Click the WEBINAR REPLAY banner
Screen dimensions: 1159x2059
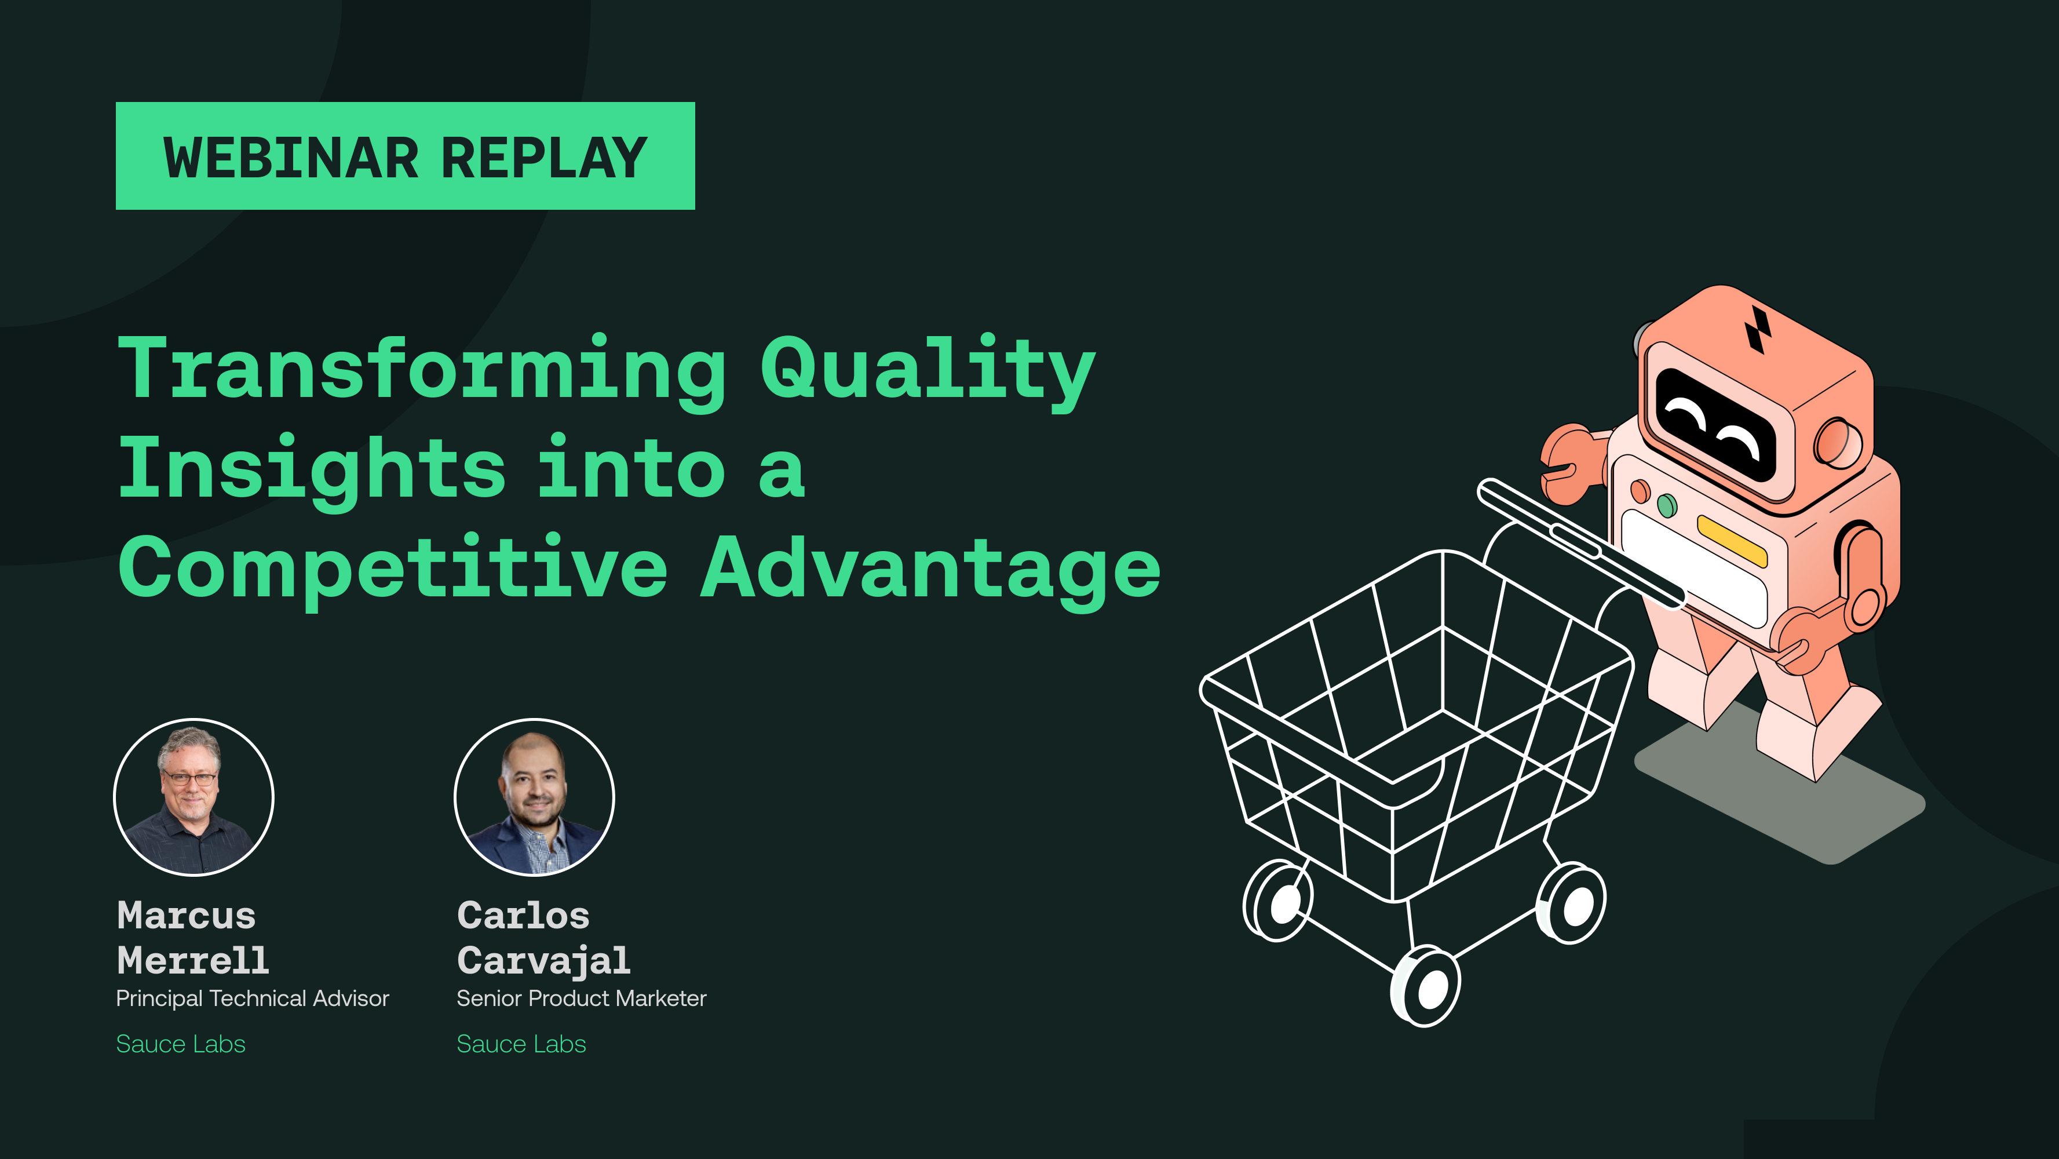[405, 156]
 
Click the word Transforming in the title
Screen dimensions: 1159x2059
[421, 369]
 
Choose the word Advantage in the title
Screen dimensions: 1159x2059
[930, 569]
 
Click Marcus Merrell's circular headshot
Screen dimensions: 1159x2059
[194, 797]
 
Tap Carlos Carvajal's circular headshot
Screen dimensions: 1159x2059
[534, 797]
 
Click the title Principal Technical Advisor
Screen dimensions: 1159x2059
[253, 998]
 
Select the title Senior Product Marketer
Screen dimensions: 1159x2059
[581, 998]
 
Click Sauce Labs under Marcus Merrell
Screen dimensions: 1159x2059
[181, 1044]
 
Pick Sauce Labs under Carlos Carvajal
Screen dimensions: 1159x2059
[521, 1044]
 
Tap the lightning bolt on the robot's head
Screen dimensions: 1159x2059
[1757, 329]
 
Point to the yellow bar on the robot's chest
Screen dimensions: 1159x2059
[1731, 540]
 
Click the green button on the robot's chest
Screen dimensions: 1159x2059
[1667, 505]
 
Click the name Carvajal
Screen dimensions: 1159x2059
[543, 961]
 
